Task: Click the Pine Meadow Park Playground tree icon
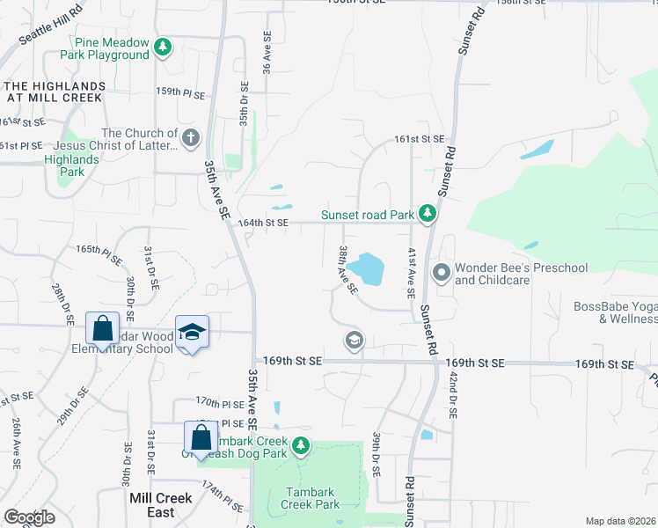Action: pyautogui.click(x=163, y=47)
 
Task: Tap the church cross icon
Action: pyautogui.click(x=190, y=137)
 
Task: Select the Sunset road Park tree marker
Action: pyautogui.click(x=428, y=214)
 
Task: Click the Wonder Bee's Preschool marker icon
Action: pyautogui.click(x=441, y=274)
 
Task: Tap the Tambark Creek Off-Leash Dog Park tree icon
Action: pyautogui.click(x=301, y=446)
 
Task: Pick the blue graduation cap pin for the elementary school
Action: pyautogui.click(x=192, y=333)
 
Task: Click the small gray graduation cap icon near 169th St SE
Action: pyautogui.click(x=354, y=340)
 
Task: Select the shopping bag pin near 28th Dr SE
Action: pyautogui.click(x=102, y=328)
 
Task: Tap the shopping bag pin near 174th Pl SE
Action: pyautogui.click(x=201, y=437)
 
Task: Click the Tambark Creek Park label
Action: pyautogui.click(x=310, y=499)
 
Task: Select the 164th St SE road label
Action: pyautogui.click(x=263, y=224)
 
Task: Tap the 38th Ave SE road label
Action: pyautogui.click(x=348, y=269)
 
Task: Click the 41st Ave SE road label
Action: pyautogui.click(x=411, y=273)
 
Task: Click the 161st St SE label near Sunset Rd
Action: pyautogui.click(x=420, y=140)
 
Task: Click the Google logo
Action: pyautogui.click(x=29, y=517)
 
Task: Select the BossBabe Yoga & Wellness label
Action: pyautogui.click(x=614, y=312)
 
